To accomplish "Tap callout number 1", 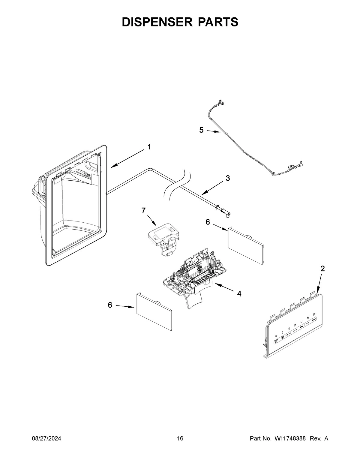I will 149,147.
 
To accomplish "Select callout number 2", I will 322,269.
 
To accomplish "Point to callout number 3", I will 228,178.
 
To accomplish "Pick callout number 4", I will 239,294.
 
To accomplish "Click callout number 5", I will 201,130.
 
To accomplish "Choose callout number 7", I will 144,210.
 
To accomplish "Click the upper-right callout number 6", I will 208,222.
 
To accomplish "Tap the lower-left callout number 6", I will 110,305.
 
